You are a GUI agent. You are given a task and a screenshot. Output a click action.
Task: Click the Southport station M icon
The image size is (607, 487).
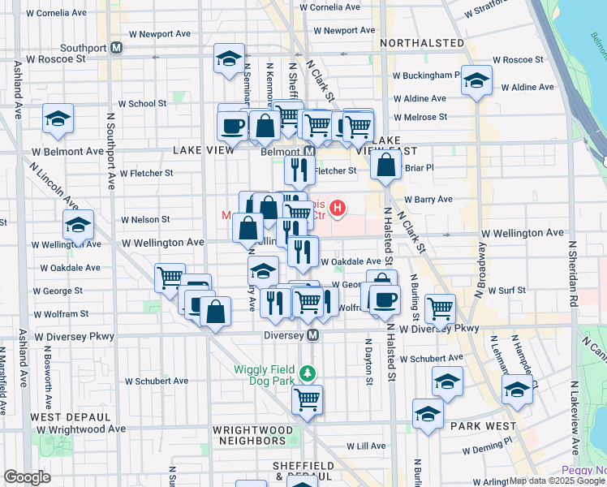point(117,48)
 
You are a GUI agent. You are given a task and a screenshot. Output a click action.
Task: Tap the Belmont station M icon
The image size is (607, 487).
point(309,152)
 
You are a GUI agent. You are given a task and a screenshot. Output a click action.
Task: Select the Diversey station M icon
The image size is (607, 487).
point(312,335)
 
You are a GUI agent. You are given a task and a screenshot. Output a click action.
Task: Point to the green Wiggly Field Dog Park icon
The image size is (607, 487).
point(308,373)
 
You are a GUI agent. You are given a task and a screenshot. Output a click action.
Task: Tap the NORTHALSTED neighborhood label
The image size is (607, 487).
point(421,42)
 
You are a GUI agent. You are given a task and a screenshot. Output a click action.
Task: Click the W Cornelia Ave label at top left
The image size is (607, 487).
point(55,14)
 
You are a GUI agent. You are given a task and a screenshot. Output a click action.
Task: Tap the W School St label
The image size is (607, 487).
point(142,104)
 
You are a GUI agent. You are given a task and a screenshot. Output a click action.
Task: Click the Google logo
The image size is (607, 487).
point(27,477)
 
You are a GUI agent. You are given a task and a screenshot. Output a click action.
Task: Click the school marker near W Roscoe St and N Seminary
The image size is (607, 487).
point(230,58)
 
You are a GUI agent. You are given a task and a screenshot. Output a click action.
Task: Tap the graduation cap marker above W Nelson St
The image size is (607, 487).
point(78,225)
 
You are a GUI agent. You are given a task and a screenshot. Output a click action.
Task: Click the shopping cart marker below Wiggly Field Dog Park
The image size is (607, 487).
point(308,399)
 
